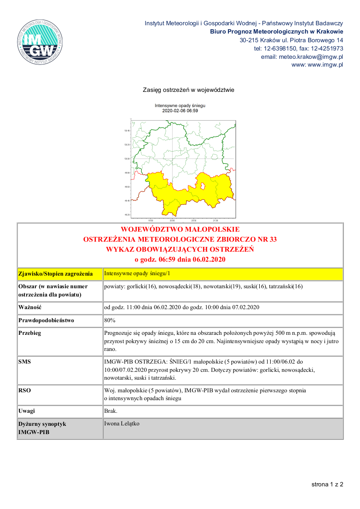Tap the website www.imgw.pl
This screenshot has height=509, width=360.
pos(325,65)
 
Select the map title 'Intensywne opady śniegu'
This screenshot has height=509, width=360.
pos(180,106)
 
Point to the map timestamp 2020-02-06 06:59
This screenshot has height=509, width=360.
pos(180,111)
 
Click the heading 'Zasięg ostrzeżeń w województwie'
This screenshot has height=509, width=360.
pos(189,90)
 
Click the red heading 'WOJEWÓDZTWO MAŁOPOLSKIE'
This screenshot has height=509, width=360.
pos(180,229)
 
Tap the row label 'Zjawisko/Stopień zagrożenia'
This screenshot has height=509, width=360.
pos(55,274)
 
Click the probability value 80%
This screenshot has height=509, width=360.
pos(110,320)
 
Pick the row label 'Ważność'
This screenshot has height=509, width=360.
pos(30,307)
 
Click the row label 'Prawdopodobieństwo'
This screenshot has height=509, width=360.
pos(46,320)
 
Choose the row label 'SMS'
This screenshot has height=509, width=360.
pos(25,361)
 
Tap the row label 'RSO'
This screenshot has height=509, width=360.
pos(25,391)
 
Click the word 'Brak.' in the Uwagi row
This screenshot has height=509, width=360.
pos(111,411)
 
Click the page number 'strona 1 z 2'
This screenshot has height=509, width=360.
pos(327,484)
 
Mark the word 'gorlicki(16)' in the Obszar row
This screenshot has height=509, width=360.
pos(139,287)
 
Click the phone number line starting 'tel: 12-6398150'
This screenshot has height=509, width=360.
pos(299,48)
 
